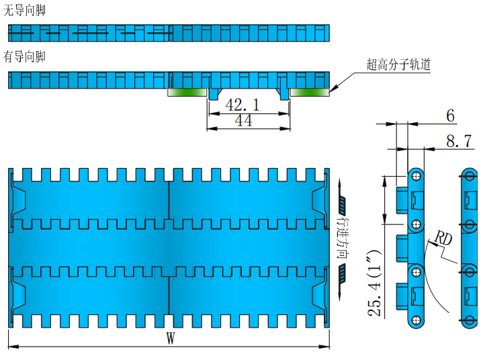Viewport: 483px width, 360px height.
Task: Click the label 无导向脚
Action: point(24,11)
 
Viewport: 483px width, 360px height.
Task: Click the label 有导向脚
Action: point(24,56)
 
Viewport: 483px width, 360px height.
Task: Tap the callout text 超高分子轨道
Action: point(398,65)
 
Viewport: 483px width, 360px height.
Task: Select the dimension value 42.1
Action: point(243,105)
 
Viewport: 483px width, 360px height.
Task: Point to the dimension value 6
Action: point(450,116)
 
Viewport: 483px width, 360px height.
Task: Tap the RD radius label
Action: point(443,238)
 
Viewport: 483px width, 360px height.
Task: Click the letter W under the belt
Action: point(171,339)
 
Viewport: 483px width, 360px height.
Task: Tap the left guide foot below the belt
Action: point(214,94)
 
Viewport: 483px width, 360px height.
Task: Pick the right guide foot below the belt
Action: point(284,94)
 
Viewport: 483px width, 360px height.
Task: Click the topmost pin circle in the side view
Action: point(416,176)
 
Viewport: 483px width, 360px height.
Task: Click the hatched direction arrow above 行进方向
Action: point(342,202)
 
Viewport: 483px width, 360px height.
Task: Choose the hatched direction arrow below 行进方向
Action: point(342,272)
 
